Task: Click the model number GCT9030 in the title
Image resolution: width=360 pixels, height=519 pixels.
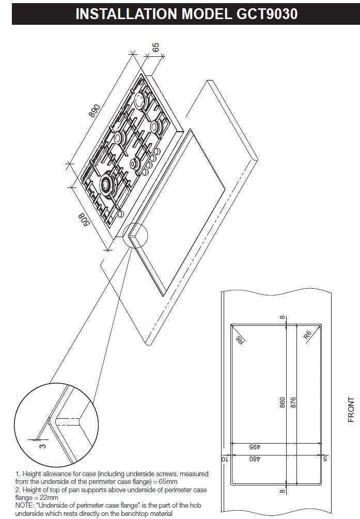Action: pyautogui.click(x=267, y=14)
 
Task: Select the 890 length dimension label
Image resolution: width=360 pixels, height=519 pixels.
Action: pyautogui.click(x=95, y=111)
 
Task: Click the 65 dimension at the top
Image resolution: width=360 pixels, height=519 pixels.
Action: pyautogui.click(x=155, y=47)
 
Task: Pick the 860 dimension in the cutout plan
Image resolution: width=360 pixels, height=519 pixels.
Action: pyautogui.click(x=282, y=402)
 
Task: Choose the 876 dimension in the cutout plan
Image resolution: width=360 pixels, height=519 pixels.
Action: pyautogui.click(x=293, y=402)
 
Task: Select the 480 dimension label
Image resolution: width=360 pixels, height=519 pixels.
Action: pyautogui.click(x=255, y=459)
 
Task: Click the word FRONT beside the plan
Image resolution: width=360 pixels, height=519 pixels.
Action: pyautogui.click(x=351, y=410)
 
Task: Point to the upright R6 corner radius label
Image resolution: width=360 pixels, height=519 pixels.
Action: pyautogui.click(x=308, y=335)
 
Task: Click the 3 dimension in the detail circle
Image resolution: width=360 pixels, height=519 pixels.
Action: pyautogui.click(x=43, y=446)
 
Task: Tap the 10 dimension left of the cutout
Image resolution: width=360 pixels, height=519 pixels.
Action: pyautogui.click(x=225, y=459)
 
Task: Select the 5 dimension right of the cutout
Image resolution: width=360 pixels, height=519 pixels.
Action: pyautogui.click(x=325, y=459)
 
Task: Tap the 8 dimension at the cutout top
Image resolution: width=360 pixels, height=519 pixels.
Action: pyautogui.click(x=282, y=318)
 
